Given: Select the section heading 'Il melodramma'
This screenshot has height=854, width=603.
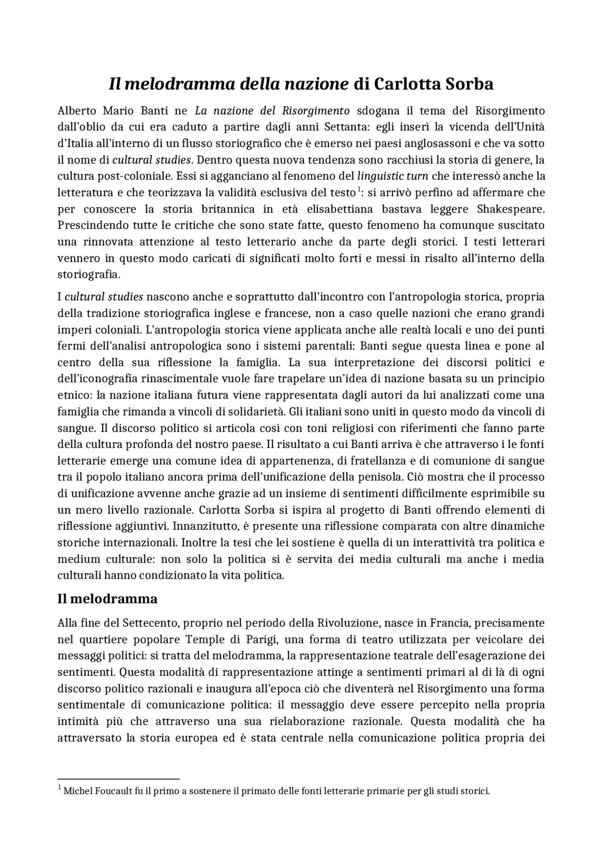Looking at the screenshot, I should click(x=107, y=599).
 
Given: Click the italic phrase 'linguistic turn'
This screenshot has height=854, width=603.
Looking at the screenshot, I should click(x=392, y=176).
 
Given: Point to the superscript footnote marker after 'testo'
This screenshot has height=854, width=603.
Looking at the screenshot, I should click(x=359, y=190).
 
